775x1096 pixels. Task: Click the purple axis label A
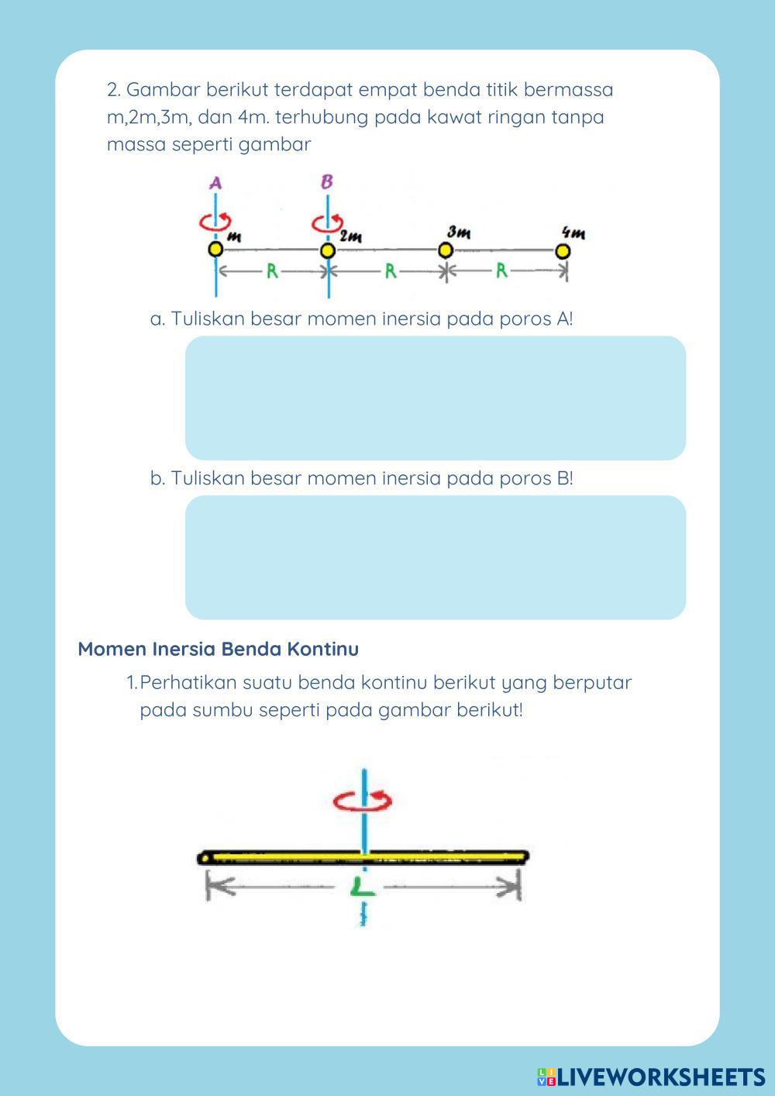click(216, 184)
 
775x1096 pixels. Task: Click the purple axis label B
click(327, 182)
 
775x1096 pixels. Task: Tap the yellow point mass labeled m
click(215, 250)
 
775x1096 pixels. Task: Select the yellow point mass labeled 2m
click(328, 250)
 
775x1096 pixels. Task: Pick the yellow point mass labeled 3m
click(445, 250)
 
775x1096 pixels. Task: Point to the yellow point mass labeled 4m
click(563, 251)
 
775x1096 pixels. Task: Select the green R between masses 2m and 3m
click(391, 272)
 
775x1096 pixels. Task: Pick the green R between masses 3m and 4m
click(502, 272)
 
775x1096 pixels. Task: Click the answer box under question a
click(435, 398)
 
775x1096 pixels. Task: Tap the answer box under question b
click(435, 557)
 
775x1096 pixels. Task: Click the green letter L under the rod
click(361, 886)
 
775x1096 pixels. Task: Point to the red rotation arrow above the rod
click(363, 800)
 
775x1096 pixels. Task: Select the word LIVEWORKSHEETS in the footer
click(660, 1077)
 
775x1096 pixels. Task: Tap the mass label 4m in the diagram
click(573, 233)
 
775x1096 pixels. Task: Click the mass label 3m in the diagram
click(459, 233)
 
